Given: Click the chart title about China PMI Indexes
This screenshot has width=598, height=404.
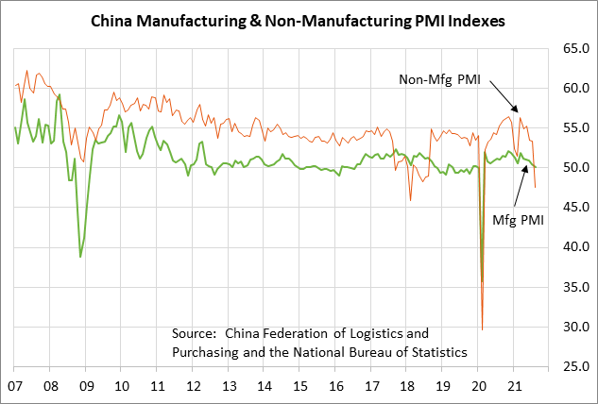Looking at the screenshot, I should click(299, 19).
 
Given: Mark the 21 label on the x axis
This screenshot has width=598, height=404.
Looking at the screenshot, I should click(515, 386).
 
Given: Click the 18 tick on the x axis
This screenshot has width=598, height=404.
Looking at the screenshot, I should click(409, 386).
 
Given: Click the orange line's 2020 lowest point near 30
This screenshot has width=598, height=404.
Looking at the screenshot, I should click(482, 328).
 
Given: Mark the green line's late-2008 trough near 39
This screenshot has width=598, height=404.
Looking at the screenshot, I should click(80, 257).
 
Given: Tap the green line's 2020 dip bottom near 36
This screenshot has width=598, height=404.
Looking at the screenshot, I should click(483, 281).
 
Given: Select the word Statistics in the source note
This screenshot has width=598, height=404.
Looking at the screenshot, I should click(435, 352).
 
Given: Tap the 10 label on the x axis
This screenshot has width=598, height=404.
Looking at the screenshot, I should click(123, 386).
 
